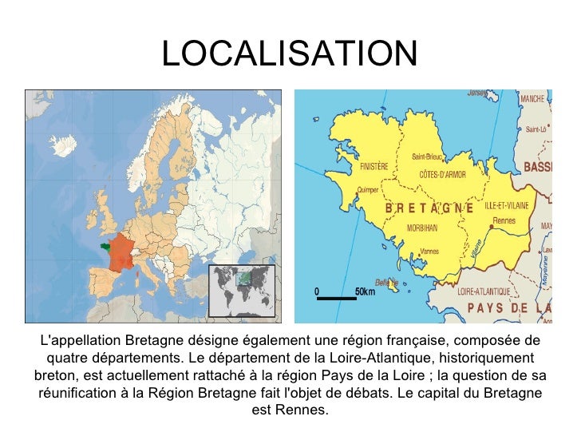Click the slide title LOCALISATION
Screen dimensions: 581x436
[x=289, y=54]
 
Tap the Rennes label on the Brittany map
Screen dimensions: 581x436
[x=505, y=221]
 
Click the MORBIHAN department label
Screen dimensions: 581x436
[x=422, y=227]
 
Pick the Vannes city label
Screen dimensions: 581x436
[x=429, y=252]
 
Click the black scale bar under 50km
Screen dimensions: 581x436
[x=335, y=299]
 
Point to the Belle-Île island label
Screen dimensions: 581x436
[x=386, y=282]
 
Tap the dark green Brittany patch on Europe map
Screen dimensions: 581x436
[x=104, y=244]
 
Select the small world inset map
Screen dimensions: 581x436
[x=241, y=290]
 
